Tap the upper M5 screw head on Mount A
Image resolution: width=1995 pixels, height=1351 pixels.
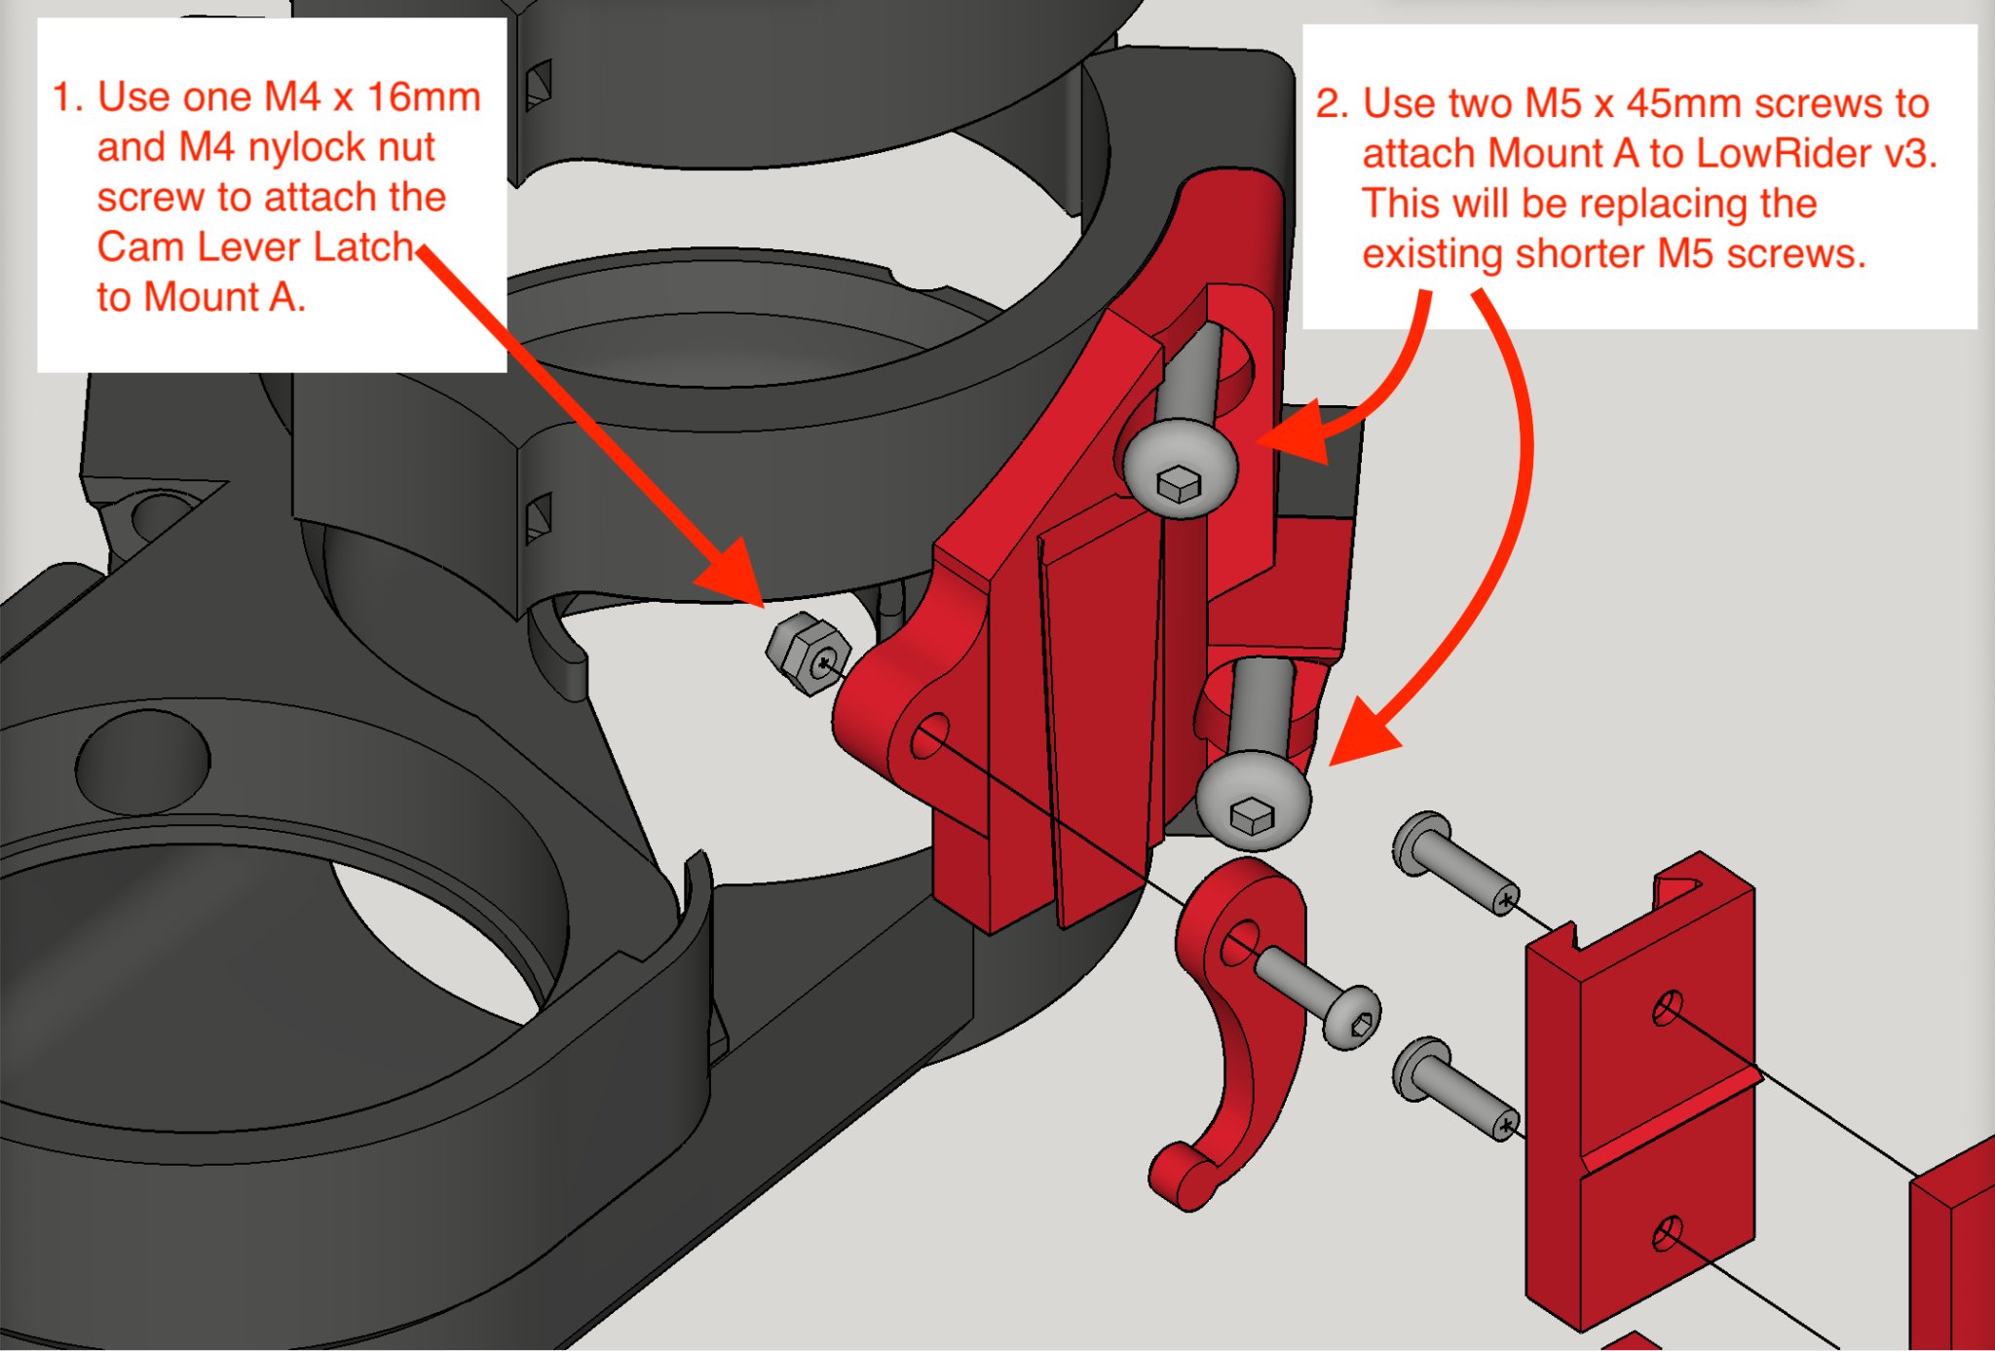(1180, 467)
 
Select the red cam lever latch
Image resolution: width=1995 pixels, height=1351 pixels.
(1233, 1032)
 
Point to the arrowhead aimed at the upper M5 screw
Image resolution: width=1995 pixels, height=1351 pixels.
(1301, 433)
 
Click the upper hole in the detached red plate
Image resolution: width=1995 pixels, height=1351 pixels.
(1667, 1007)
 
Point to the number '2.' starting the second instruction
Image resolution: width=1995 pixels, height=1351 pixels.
(1332, 103)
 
